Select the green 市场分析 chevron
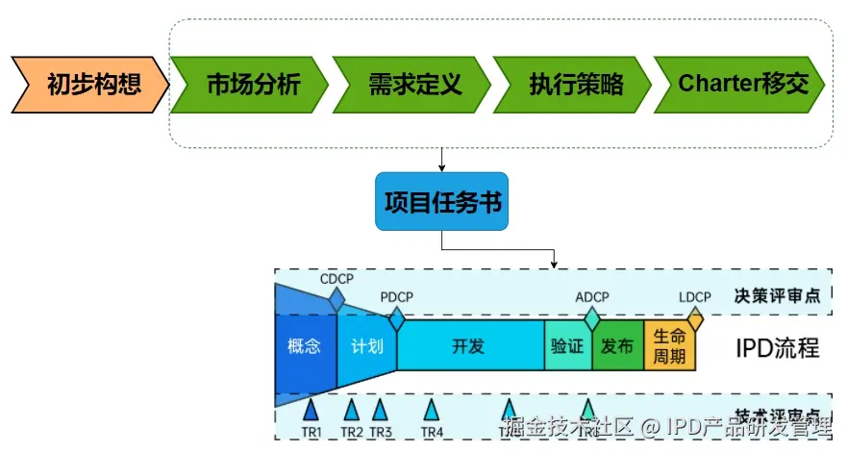[x=252, y=85]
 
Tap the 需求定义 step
[x=413, y=85]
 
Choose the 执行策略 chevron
[x=574, y=85]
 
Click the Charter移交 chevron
[x=740, y=85]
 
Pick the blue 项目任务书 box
[x=441, y=203]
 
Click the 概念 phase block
[x=304, y=346]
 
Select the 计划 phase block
[x=366, y=346]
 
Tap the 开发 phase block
[x=468, y=346]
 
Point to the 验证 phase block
[x=567, y=346]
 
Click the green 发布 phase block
[x=617, y=346]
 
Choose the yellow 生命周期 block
[x=669, y=346]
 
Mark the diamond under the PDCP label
[x=396, y=318]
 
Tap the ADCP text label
[x=591, y=296]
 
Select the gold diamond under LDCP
[x=694, y=316]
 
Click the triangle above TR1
[x=311, y=410]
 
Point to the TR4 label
[x=432, y=432]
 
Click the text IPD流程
[x=777, y=347]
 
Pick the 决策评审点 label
[x=777, y=295]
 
